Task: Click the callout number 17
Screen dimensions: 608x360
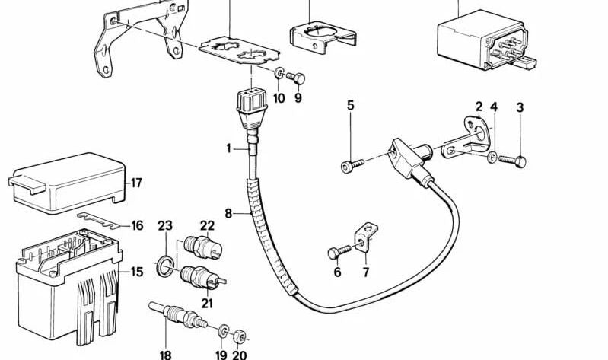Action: tap(136, 183)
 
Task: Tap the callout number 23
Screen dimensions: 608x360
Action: tap(165, 225)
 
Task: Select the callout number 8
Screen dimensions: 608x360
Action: tap(228, 213)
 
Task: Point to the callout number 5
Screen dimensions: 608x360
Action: tap(351, 105)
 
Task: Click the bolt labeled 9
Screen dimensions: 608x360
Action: tap(296, 79)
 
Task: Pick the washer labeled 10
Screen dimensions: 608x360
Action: tap(279, 72)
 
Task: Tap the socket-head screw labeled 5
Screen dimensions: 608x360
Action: tap(352, 166)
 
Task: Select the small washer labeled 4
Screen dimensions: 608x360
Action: tap(492, 157)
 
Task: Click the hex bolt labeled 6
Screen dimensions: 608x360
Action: tap(339, 251)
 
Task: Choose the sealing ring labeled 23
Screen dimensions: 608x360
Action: tap(166, 266)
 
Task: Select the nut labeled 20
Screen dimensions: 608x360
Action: tap(239, 336)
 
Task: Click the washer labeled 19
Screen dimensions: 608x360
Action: tap(224, 330)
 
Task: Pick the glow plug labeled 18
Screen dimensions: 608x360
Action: tap(178, 315)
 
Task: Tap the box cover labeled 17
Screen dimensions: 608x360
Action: tap(67, 183)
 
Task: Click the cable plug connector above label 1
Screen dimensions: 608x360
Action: tap(250, 107)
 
